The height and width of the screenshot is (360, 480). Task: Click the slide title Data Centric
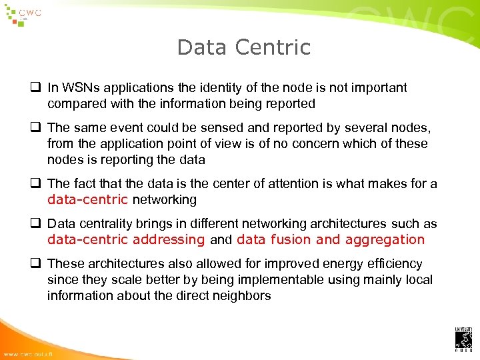pyautogui.click(x=243, y=47)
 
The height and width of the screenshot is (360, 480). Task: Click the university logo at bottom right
pyautogui.click(x=463, y=339)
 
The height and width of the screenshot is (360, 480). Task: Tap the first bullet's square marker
pyautogui.click(x=32, y=88)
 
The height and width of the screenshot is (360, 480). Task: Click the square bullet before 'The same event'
pyautogui.click(x=32, y=128)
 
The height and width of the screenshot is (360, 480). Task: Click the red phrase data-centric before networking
pyautogui.click(x=87, y=199)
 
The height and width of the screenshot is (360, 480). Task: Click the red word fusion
pyautogui.click(x=291, y=239)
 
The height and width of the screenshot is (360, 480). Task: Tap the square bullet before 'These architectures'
pyautogui.click(x=32, y=264)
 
